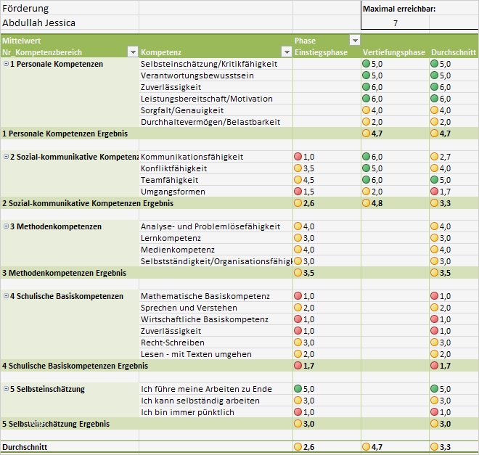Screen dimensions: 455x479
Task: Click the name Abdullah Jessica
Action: (x=39, y=22)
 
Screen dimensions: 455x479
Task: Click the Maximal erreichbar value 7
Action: (x=395, y=23)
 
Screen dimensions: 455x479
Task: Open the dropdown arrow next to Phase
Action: (x=355, y=41)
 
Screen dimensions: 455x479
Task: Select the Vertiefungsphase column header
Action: (x=393, y=52)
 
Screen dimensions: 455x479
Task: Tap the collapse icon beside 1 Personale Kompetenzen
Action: (x=6, y=64)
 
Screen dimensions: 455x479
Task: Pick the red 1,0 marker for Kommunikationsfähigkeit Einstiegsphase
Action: (x=298, y=157)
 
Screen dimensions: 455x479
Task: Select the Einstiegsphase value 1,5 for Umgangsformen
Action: (x=308, y=192)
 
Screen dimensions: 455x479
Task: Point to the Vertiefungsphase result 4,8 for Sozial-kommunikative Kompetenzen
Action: (x=376, y=203)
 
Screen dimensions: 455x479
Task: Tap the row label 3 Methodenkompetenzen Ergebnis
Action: (x=64, y=273)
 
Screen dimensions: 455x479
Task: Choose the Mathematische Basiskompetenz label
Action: (x=205, y=296)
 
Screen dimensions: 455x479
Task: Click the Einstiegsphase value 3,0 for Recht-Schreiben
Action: (x=308, y=343)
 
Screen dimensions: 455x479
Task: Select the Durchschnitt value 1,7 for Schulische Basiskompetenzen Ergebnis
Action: (x=445, y=366)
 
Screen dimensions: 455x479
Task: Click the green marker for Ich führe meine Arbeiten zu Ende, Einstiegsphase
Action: (x=298, y=389)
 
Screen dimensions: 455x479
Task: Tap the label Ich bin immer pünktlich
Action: (x=187, y=412)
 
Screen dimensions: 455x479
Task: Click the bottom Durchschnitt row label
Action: (x=25, y=447)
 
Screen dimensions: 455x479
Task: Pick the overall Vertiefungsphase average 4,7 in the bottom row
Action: (x=376, y=447)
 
